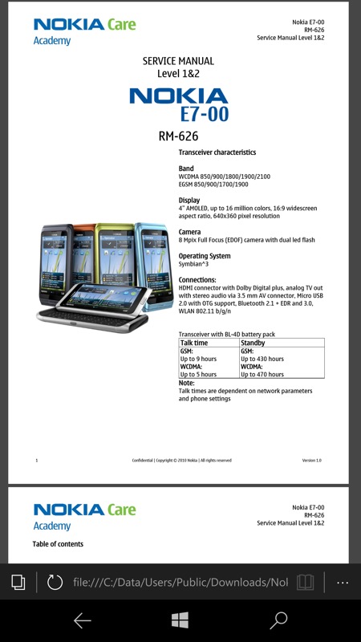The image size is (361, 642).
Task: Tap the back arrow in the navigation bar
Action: (x=83, y=620)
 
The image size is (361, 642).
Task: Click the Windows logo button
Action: (x=180, y=620)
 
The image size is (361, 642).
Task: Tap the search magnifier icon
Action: (x=278, y=620)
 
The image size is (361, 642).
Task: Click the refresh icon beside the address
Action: (x=55, y=582)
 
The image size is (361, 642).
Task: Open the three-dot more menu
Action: (x=343, y=583)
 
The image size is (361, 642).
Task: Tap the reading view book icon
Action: (x=306, y=582)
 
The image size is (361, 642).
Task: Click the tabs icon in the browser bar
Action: (x=18, y=582)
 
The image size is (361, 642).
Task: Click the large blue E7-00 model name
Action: (x=205, y=114)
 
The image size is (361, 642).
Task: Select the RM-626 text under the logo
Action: (x=178, y=136)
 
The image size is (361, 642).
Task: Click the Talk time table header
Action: (x=194, y=343)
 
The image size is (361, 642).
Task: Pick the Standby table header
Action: (x=253, y=343)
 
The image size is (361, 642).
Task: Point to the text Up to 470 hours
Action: (x=262, y=374)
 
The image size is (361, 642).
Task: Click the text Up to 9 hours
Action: (x=198, y=359)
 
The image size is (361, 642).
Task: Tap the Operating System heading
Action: (x=205, y=256)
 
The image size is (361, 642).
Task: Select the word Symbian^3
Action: (x=193, y=264)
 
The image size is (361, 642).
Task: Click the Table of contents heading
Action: (x=58, y=544)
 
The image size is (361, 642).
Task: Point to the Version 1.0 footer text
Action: (x=311, y=460)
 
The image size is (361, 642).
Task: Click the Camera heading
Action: (x=189, y=232)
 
